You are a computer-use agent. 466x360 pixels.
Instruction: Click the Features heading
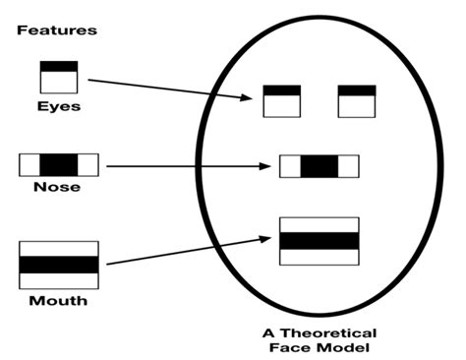[56, 30]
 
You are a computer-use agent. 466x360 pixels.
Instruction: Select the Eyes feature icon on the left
[58, 77]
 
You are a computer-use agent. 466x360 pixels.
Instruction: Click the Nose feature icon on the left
[58, 164]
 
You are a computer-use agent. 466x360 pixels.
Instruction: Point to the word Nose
[58, 187]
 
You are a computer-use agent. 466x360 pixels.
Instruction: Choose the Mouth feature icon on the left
[58, 264]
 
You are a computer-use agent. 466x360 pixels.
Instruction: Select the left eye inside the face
[281, 101]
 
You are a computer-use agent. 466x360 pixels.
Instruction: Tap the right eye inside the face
[357, 101]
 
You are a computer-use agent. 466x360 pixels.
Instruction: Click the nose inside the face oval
[319, 166]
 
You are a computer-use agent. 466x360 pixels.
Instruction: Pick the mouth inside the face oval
[319, 241]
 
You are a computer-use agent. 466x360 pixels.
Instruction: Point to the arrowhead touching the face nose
[264, 166]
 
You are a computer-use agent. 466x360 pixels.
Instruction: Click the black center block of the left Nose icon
[58, 164]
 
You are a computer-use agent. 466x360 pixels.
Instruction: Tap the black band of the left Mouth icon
[58, 264]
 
